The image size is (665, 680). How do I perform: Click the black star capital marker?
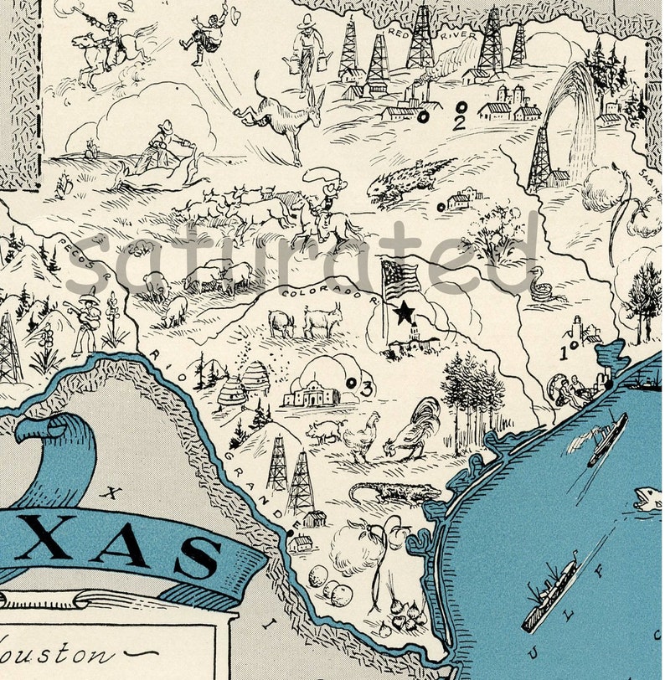pyautogui.click(x=405, y=312)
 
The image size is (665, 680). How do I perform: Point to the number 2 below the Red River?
pyautogui.click(x=457, y=123)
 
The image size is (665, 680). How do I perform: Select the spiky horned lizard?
pyautogui.click(x=410, y=179)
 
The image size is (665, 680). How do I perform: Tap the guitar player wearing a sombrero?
pyautogui.click(x=86, y=320)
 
